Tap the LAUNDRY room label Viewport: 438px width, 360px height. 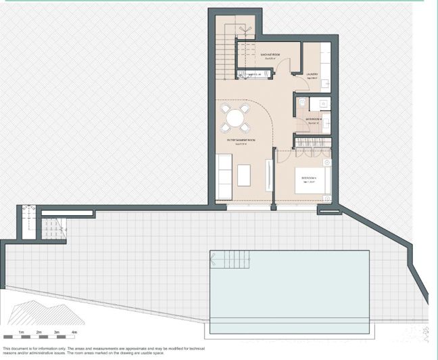[x=312, y=75]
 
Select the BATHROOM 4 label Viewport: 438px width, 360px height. [x=314, y=120]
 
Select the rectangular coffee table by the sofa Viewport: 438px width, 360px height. [x=243, y=175]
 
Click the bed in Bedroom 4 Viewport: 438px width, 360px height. [x=312, y=180]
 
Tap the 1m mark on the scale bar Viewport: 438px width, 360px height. [x=22, y=332]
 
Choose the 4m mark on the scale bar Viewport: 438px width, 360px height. [x=74, y=332]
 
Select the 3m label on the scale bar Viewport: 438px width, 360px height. [x=57, y=332]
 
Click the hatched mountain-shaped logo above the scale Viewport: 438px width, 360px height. [x=44, y=312]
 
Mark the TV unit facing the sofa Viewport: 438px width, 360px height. [x=272, y=177]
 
